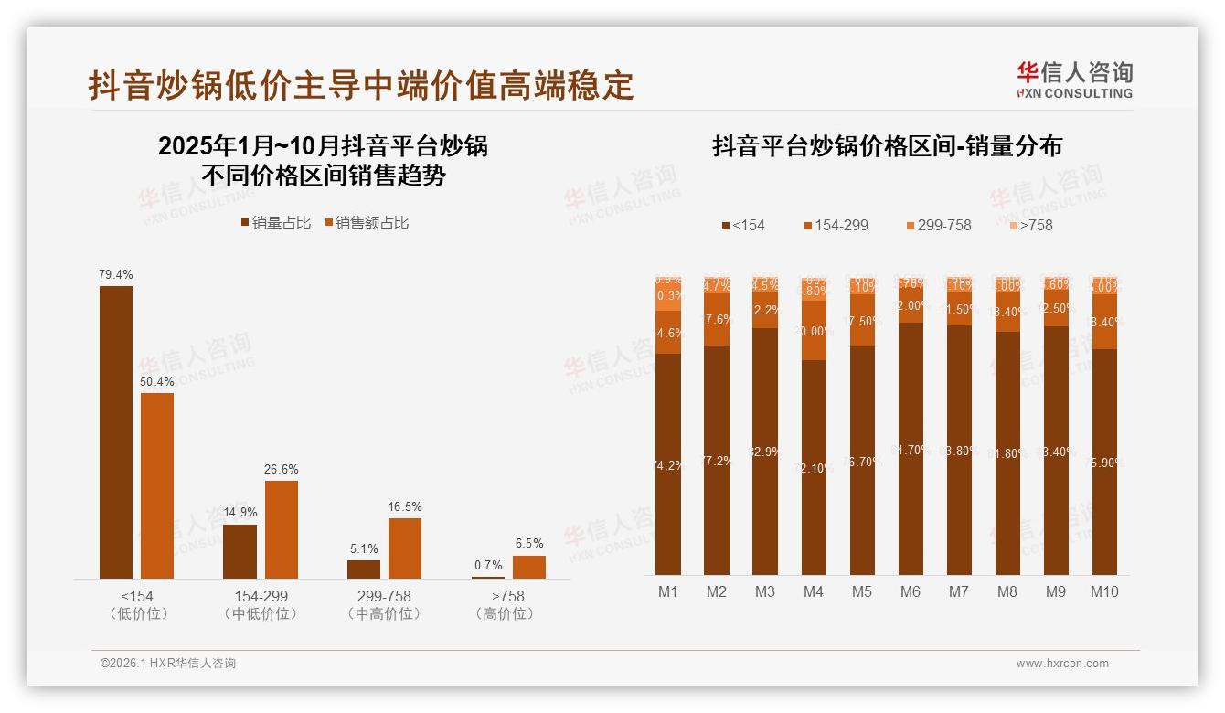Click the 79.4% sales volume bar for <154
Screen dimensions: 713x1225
pos(116,431)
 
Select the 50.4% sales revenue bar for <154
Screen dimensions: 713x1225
pos(157,485)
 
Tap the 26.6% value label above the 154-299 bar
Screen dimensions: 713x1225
pos(282,469)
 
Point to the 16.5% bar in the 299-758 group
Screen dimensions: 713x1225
pos(405,548)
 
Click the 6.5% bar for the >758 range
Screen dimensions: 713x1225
pos(528,567)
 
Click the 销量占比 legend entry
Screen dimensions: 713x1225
pos(275,223)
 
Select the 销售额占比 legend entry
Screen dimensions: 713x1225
pos(366,223)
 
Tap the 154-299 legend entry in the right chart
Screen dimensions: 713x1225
pos(836,225)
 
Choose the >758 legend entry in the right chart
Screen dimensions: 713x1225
pos(1030,225)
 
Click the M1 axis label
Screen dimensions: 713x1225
pos(668,591)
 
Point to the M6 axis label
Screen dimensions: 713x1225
pos(910,591)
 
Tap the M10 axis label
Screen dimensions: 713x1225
pos(1104,591)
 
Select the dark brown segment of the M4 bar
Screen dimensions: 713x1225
pos(814,466)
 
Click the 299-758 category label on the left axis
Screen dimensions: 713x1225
pos(384,596)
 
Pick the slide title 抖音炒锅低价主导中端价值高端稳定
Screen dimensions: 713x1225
pos(361,86)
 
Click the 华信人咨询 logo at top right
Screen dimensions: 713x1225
pos(1074,80)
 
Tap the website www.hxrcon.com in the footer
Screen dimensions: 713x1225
pos(1062,664)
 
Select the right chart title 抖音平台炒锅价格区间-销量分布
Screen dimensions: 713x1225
pos(887,146)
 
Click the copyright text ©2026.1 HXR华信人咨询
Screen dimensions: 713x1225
pos(168,664)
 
